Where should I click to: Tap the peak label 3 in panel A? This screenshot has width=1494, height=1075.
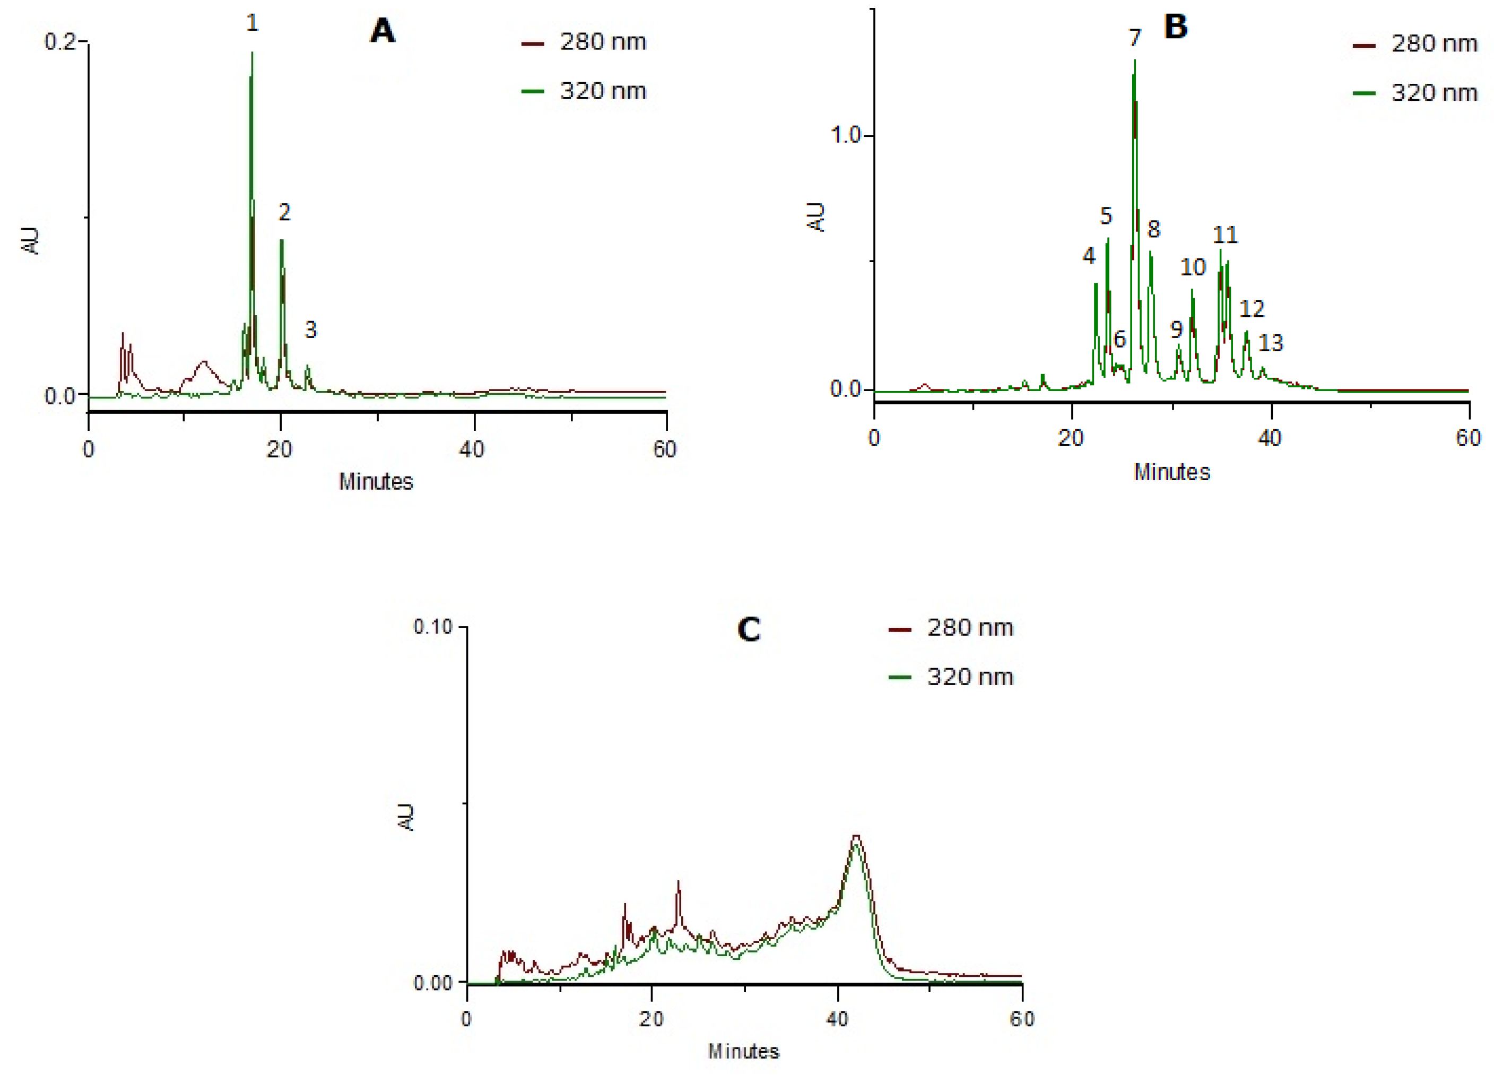[x=310, y=330]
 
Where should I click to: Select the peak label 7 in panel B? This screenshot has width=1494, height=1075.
[x=1134, y=38]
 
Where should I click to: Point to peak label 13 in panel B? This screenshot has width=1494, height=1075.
[x=1271, y=343]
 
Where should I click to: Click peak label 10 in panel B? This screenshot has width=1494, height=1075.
[x=1192, y=267]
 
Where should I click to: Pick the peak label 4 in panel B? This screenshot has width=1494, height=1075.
[x=1089, y=256]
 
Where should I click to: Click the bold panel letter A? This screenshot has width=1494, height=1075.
[x=383, y=31]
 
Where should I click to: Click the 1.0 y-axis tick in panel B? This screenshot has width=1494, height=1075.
[x=846, y=136]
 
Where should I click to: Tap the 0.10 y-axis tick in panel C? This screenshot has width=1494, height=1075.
[x=433, y=627]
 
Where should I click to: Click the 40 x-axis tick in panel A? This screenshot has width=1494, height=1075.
[x=472, y=450]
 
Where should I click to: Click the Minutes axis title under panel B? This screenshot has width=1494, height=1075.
[x=1172, y=472]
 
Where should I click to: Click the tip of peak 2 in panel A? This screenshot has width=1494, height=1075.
[x=281, y=240]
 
